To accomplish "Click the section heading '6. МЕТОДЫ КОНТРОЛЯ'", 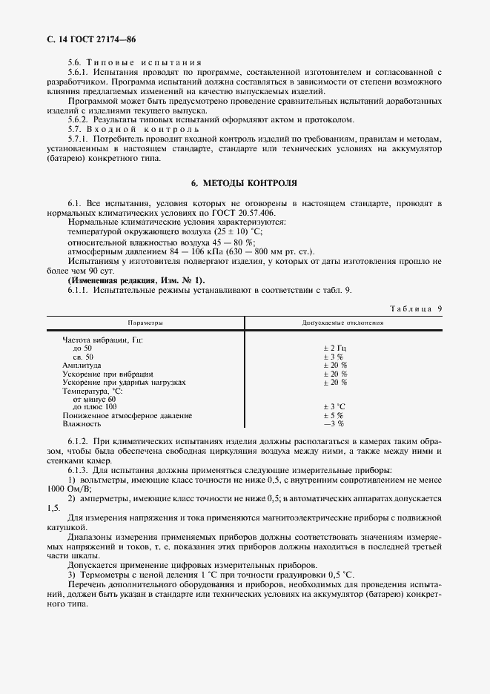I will pos(245,182).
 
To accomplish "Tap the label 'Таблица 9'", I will pos(416,307).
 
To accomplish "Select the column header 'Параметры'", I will pos(145,324).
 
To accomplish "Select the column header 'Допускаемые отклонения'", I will pos(342,324).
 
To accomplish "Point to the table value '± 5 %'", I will pos(334,415).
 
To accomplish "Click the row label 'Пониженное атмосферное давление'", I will pos(128,415).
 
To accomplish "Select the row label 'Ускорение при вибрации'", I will pos(107,374).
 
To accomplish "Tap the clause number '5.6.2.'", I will pos(79,119).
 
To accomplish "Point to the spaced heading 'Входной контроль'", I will pos(146,129).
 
